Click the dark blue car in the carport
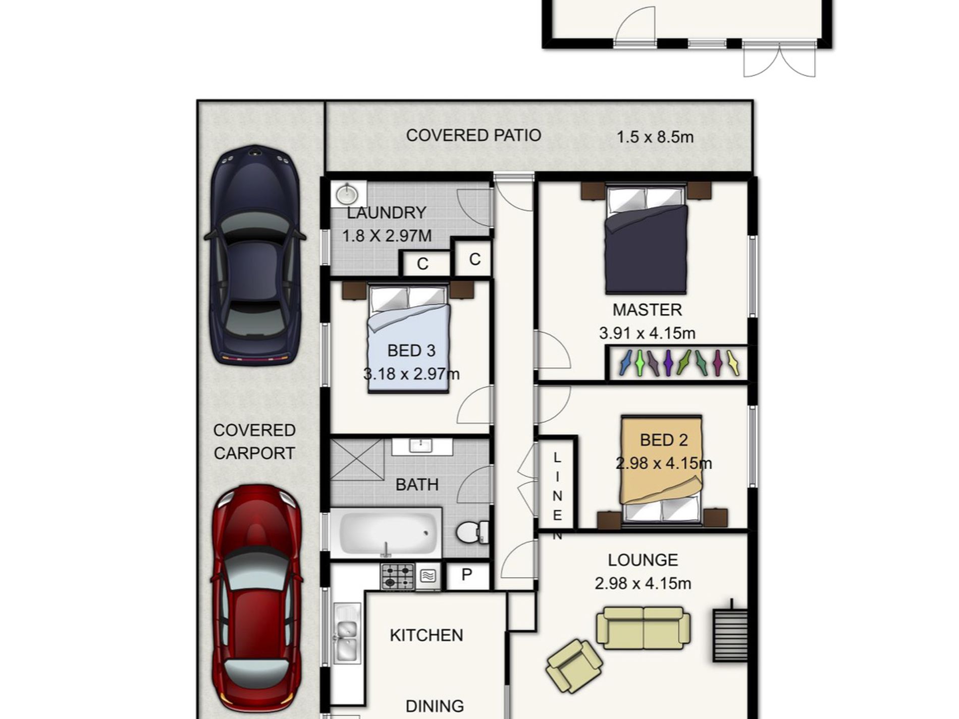(x=255, y=255)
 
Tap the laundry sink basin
(x=347, y=194)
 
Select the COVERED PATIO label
(x=473, y=135)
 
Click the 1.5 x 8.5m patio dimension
(x=655, y=137)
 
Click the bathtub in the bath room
(x=386, y=533)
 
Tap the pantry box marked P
(x=467, y=575)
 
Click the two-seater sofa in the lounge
(x=643, y=628)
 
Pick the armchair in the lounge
(x=574, y=666)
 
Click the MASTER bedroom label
(x=647, y=310)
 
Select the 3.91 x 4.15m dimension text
(x=647, y=334)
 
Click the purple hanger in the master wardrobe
(x=668, y=363)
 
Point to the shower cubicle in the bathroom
(x=357, y=459)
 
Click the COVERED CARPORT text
(x=254, y=441)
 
